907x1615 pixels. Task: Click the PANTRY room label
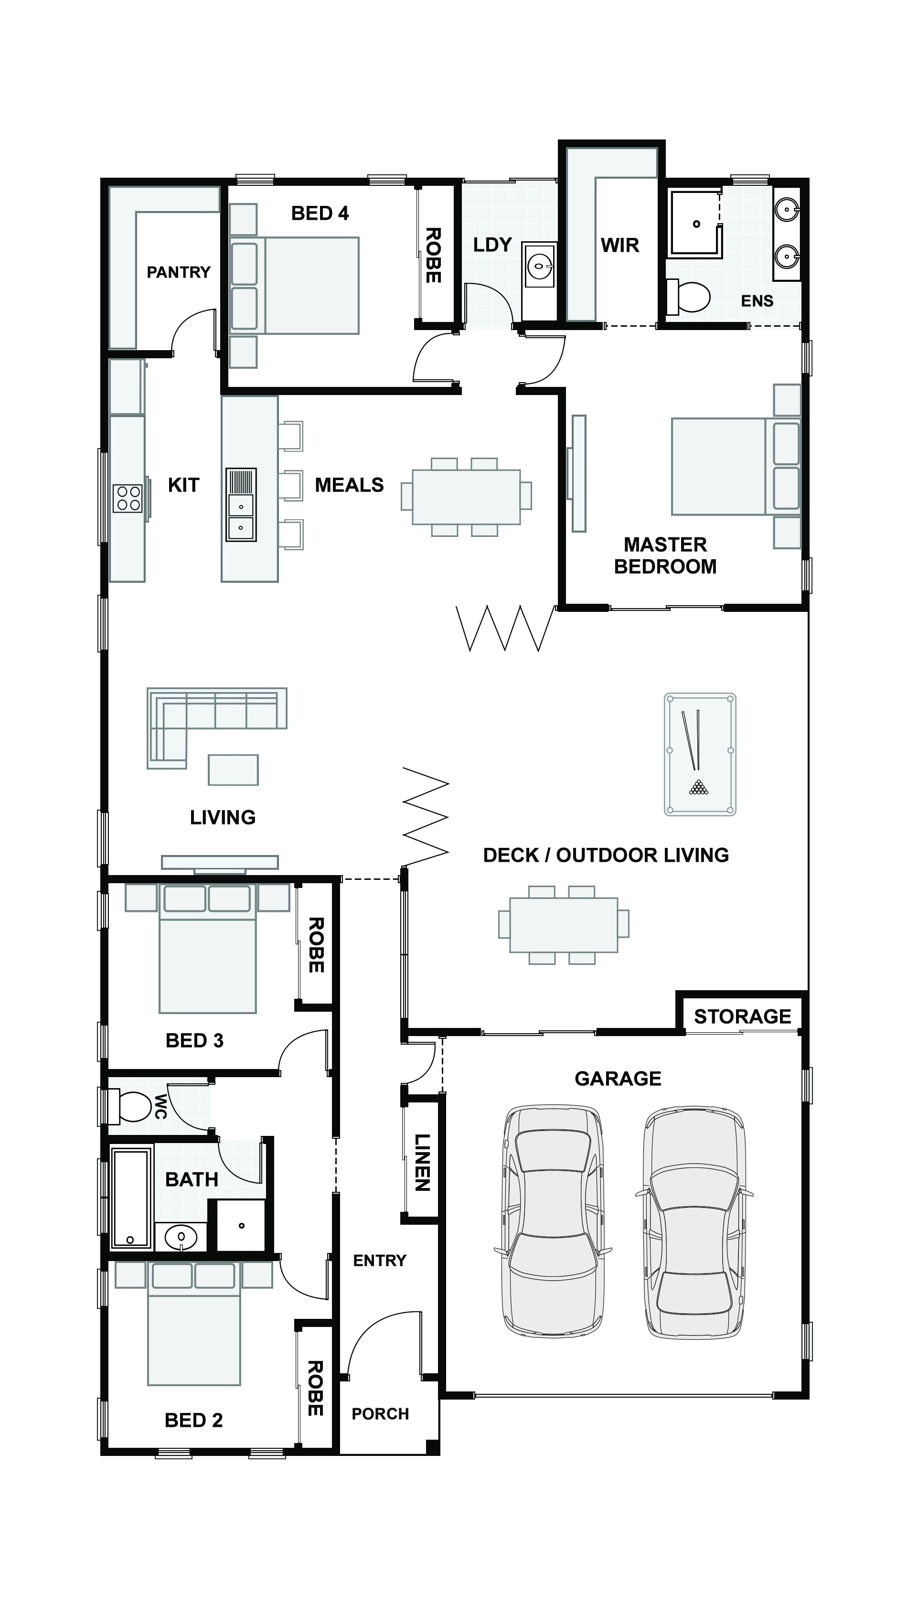(x=178, y=272)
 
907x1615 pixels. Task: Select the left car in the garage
(x=554, y=1221)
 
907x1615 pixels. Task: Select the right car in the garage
(x=694, y=1222)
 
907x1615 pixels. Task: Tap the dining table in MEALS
(x=466, y=497)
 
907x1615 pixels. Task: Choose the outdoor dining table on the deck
(x=563, y=925)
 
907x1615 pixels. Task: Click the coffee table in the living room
(x=233, y=769)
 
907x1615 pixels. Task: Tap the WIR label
(x=619, y=245)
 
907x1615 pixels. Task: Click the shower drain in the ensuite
(x=696, y=224)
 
